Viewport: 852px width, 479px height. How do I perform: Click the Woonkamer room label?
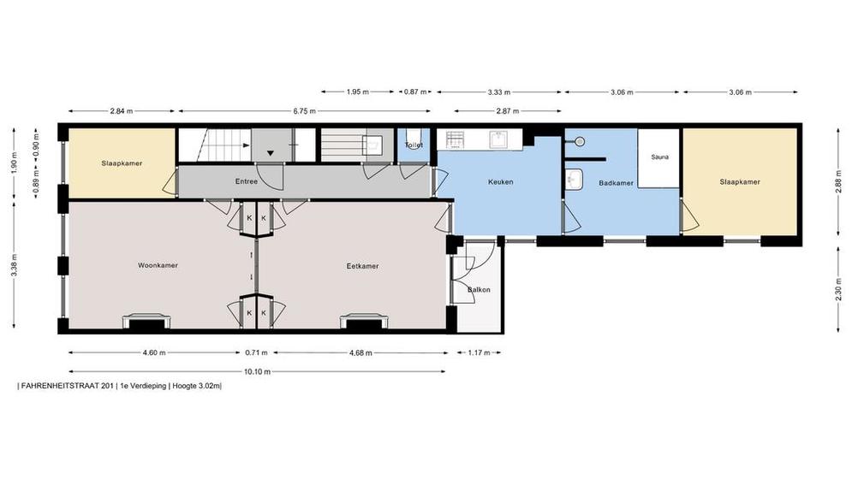158,265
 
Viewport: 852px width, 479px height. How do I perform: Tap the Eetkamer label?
362,266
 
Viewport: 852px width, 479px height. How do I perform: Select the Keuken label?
500,182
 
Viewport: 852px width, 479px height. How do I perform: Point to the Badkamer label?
617,183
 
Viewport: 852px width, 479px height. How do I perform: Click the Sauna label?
659,157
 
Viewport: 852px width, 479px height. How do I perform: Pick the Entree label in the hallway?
246,181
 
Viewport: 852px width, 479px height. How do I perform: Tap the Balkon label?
479,290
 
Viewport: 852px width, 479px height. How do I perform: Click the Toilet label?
414,145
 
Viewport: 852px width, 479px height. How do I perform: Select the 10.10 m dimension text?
258,372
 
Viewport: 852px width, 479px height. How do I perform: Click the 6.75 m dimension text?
304,111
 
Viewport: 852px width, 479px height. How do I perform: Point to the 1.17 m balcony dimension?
479,353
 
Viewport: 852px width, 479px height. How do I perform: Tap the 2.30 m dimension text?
838,293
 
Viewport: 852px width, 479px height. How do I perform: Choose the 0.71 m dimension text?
257,353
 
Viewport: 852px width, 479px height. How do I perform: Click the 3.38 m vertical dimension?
14,265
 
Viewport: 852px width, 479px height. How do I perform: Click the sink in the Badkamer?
574,180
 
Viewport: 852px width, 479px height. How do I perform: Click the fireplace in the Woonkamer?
146,322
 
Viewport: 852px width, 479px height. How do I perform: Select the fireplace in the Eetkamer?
364,322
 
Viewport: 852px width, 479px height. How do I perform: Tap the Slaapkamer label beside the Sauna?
740,182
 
